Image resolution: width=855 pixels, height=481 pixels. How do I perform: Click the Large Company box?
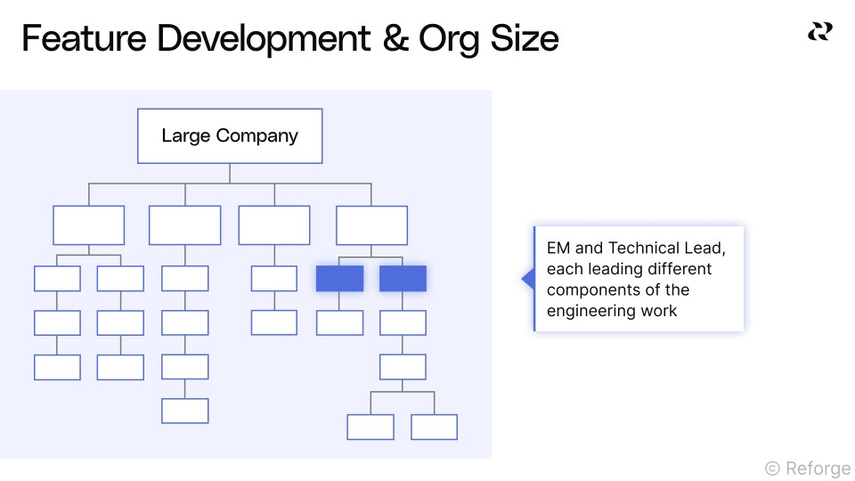[x=230, y=136]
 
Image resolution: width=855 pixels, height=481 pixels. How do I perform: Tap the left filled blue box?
[x=339, y=279]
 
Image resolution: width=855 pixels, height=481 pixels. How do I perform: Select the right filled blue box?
[x=403, y=279]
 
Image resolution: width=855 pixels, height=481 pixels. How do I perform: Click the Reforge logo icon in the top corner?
[x=819, y=32]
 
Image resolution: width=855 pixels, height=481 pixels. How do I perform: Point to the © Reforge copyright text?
[x=808, y=468]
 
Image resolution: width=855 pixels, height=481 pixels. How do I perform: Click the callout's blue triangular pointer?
[x=527, y=280]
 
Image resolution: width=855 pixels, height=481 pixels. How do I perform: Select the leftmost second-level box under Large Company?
[x=88, y=225]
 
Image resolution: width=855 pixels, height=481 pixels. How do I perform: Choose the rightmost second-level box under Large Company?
[x=371, y=225]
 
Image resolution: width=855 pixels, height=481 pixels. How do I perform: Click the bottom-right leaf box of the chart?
[x=434, y=427]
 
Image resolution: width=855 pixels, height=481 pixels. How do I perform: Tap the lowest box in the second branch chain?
[x=185, y=411]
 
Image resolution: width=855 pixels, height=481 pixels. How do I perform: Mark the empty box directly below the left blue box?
[x=339, y=322]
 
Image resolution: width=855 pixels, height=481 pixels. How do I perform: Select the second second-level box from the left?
[x=185, y=225]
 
